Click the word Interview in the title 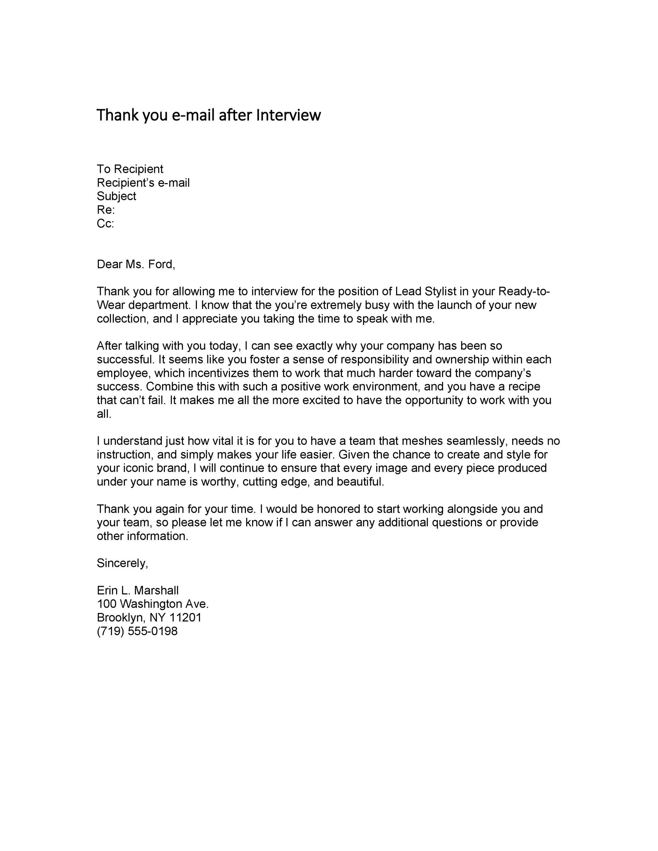click(288, 115)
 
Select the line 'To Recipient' click(130, 169)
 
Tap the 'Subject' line click(116, 196)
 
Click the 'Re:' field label click(106, 210)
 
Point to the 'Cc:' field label click(105, 224)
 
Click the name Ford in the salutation click(161, 264)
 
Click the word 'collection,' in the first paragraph click(123, 319)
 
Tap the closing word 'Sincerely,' click(122, 563)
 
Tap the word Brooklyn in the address click(121, 617)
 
